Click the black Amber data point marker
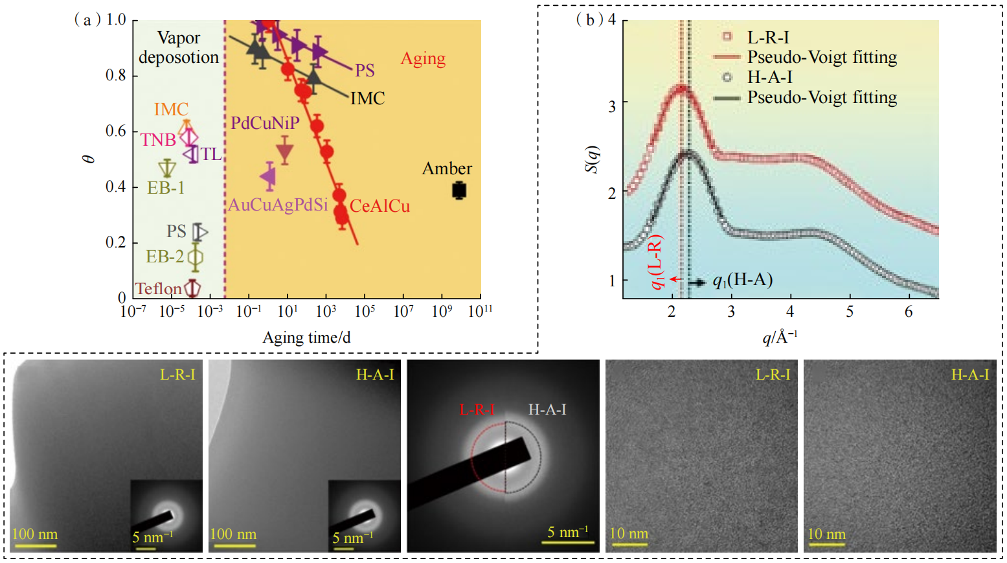point(459,190)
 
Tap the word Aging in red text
point(423,59)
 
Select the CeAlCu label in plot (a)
point(379,206)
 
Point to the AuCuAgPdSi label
point(278,205)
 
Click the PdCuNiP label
point(265,122)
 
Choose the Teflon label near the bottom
point(158,288)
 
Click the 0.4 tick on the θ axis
point(116,187)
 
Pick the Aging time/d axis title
point(306,338)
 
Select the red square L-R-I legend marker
point(727,37)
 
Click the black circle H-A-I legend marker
point(727,77)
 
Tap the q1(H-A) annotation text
point(742,280)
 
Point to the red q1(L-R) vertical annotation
point(657,262)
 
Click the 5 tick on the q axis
point(850,312)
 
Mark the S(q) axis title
point(591,159)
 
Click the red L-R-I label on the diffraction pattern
point(477,409)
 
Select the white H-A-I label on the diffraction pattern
point(547,409)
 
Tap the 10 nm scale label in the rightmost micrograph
point(826,534)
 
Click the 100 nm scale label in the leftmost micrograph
point(35,534)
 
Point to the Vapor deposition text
point(179,47)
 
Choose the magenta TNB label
point(158,139)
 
